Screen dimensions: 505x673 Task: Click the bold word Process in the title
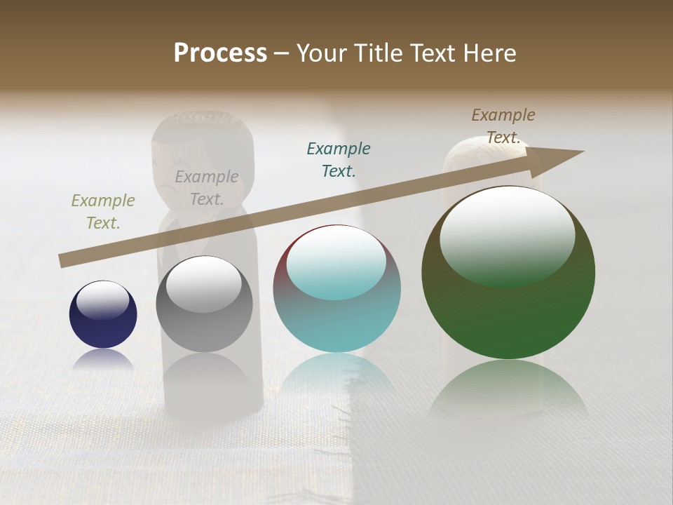pyautogui.click(x=220, y=53)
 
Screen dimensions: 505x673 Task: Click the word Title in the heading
pyautogui.click(x=379, y=53)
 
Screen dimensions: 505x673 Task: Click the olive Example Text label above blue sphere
pyautogui.click(x=103, y=212)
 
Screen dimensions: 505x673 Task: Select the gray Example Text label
pyautogui.click(x=207, y=188)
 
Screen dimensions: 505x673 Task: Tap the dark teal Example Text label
pyautogui.click(x=339, y=159)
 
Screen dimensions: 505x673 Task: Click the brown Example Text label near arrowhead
pyautogui.click(x=503, y=126)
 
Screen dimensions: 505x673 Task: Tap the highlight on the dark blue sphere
pyautogui.click(x=103, y=298)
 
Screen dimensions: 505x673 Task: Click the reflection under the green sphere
pyautogui.click(x=508, y=389)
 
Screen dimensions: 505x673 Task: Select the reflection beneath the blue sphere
pyautogui.click(x=103, y=360)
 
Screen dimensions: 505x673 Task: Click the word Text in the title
pyautogui.click(x=436, y=53)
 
